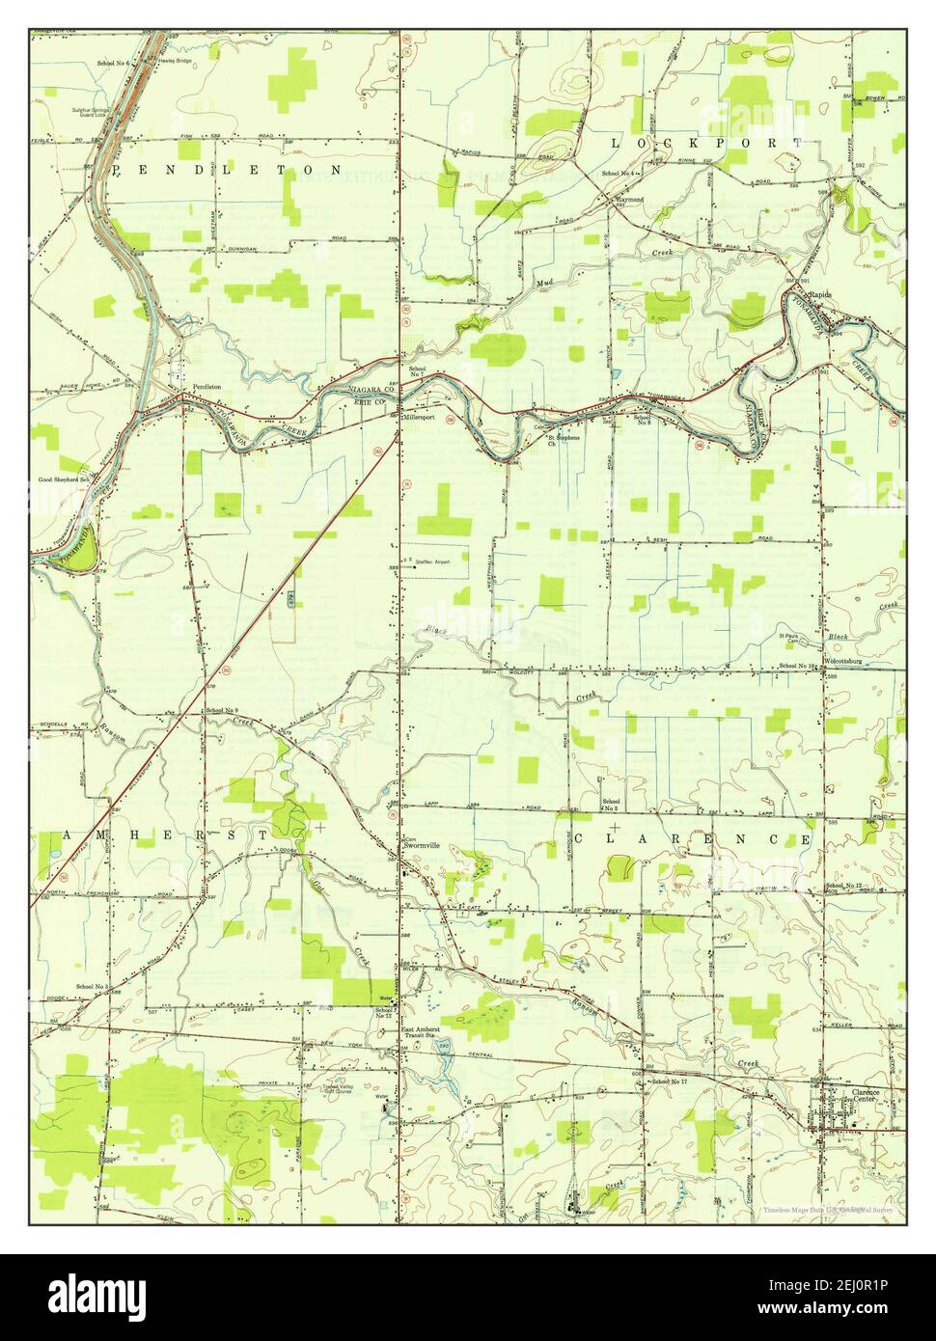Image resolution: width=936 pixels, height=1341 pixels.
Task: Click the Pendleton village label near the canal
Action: point(207,387)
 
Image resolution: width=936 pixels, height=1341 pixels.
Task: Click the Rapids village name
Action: point(821,295)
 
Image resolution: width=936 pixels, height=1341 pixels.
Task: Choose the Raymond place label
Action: point(630,199)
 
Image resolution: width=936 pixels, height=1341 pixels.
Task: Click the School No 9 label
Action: point(221,711)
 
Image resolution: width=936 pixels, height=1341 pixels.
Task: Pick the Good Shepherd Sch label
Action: point(64,479)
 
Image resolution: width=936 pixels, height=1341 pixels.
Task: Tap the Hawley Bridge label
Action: point(175,61)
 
